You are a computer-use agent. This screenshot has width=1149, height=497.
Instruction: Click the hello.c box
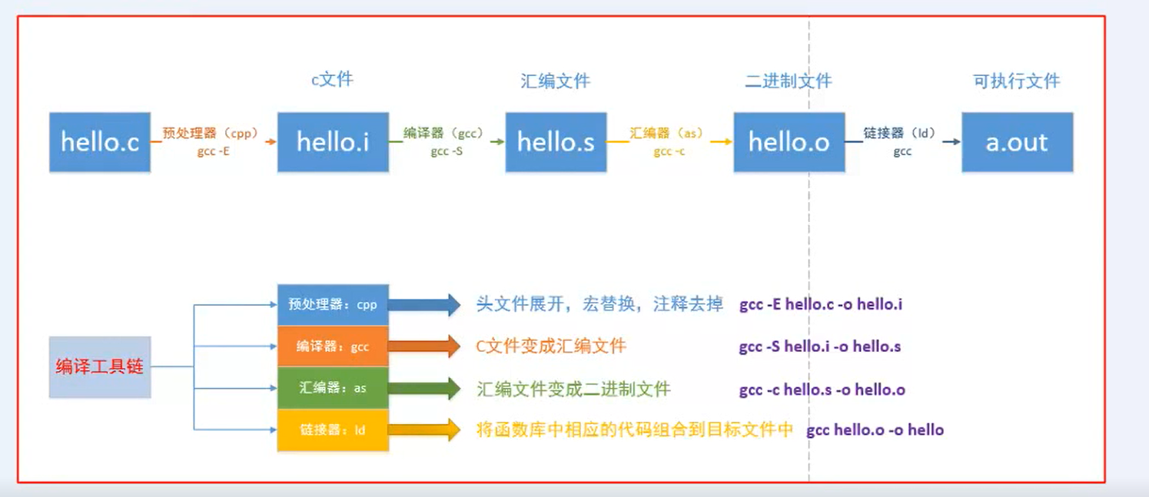pyautogui.click(x=100, y=142)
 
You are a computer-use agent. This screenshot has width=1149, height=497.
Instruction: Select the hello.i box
pyautogui.click(x=333, y=142)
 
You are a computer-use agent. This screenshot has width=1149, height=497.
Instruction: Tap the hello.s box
pyautogui.click(x=556, y=142)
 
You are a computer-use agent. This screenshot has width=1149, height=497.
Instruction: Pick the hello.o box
pyautogui.click(x=789, y=142)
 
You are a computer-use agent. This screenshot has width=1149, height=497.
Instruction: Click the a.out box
pyautogui.click(x=1017, y=142)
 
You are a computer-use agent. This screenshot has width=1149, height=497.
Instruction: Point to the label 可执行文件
pyautogui.click(x=1017, y=81)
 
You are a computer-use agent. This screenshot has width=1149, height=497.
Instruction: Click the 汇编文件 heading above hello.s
pyautogui.click(x=556, y=81)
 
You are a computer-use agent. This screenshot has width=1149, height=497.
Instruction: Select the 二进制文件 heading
pyautogui.click(x=789, y=81)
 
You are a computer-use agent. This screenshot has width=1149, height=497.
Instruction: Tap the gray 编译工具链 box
pyautogui.click(x=100, y=366)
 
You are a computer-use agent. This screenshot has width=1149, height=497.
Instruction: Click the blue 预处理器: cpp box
pyautogui.click(x=333, y=305)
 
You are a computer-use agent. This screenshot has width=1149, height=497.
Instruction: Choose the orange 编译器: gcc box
pyautogui.click(x=333, y=346)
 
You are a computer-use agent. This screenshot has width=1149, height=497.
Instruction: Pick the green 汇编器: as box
pyautogui.click(x=333, y=388)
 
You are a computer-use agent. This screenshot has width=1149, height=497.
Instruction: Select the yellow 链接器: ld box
pyautogui.click(x=333, y=430)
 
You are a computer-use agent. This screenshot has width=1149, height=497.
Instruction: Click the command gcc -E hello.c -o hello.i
pyautogui.click(x=821, y=305)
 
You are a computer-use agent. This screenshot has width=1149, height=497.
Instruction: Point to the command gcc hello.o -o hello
pyautogui.click(x=875, y=430)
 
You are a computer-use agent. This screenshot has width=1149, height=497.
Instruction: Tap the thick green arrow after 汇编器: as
pyautogui.click(x=424, y=388)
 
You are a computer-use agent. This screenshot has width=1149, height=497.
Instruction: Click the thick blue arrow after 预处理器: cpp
pyautogui.click(x=424, y=305)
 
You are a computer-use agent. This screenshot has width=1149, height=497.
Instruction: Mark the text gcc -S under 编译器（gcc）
pyautogui.click(x=447, y=152)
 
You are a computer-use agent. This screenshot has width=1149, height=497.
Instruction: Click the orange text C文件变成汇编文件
pyautogui.click(x=551, y=346)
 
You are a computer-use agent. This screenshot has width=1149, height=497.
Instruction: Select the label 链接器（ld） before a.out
pyautogui.click(x=900, y=134)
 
